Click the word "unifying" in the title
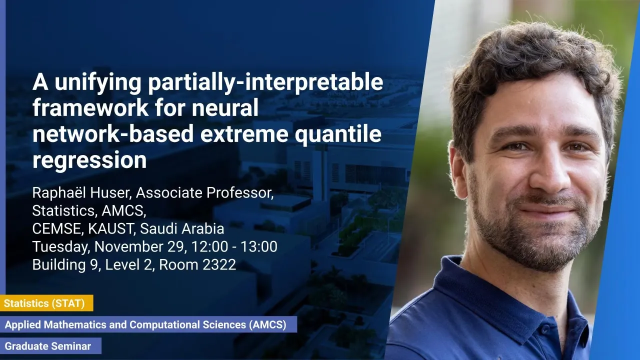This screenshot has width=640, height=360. tap(98, 82)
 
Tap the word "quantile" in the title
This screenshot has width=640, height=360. tap(338, 134)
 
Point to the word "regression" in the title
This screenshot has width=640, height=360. tap(89, 160)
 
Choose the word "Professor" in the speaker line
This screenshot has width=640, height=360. tap(240, 193)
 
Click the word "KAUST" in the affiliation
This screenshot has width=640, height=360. tap(110, 228)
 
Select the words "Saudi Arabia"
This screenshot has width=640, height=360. tap(182, 228)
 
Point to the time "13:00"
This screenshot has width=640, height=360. tap(259, 246)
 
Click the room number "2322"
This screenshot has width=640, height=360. tap(219, 264)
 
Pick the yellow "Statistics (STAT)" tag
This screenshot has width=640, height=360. tap(46, 303)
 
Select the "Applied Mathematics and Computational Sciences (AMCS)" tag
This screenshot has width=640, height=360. tap(148, 324)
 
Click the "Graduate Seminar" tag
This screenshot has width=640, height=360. tap(50, 346)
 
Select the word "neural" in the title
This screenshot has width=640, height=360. tap(225, 107)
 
